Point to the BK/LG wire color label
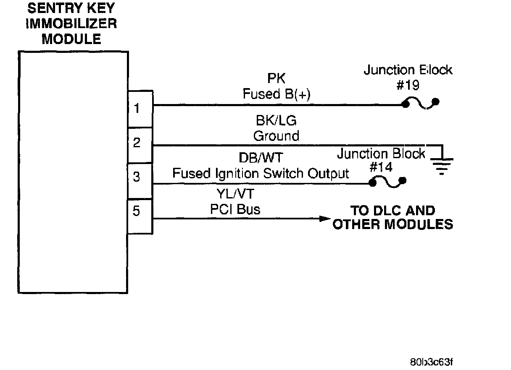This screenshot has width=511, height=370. point(276,121)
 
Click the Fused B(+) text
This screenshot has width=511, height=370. point(277,94)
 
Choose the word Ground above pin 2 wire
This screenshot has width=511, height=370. point(276,136)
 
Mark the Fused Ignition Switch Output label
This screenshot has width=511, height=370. point(261,173)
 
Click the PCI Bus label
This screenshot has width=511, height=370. point(235,208)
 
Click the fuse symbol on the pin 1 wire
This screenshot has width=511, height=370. point(420,104)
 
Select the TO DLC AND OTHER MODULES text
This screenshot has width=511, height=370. point(393,217)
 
